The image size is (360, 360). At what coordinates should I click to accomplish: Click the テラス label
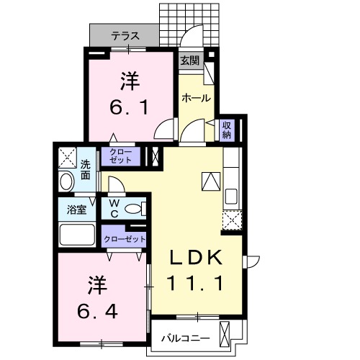pos(125,35)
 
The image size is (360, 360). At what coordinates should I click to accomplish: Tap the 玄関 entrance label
pos(190,60)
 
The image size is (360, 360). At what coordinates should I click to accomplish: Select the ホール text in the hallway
pos(196,97)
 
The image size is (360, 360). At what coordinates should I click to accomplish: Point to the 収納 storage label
pos(226,130)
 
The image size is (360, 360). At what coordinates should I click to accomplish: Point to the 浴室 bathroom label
pos(77,210)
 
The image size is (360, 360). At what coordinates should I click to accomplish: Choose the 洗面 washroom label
pos(86,168)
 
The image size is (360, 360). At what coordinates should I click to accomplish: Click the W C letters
pos(114,209)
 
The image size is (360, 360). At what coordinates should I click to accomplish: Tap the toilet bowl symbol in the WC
pos(133,210)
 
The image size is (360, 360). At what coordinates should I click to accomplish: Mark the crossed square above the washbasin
pos(67,156)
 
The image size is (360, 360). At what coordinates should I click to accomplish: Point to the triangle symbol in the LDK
pos(210,181)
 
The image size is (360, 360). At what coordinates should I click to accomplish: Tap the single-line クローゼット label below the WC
pos(125,239)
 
